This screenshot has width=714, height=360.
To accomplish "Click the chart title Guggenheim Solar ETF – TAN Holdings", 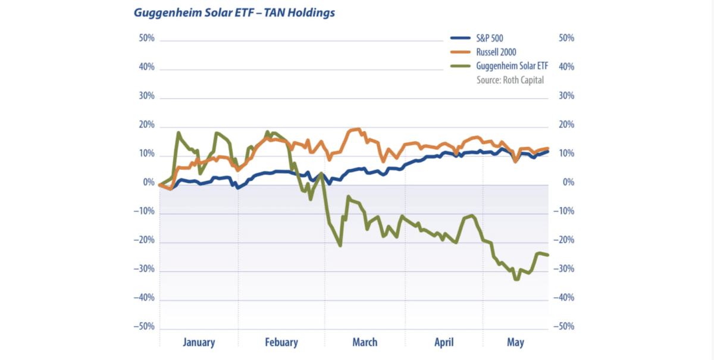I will [x=234, y=12].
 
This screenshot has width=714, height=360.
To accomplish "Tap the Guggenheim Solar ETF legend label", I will [x=510, y=66].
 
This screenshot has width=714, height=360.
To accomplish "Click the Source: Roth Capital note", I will [x=510, y=80].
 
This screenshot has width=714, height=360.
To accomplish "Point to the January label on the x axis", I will [x=199, y=342].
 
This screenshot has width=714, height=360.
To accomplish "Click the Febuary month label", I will [x=281, y=342].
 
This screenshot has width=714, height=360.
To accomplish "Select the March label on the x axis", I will [x=365, y=342].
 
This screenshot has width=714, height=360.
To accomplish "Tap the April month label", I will [x=444, y=342].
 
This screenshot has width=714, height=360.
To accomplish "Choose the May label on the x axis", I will [x=515, y=342].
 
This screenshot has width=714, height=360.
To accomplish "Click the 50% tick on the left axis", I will [x=146, y=39].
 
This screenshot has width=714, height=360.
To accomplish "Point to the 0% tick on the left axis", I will [x=148, y=183].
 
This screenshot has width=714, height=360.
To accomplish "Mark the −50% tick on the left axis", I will [x=144, y=327].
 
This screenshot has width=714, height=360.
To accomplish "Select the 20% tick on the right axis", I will [x=566, y=125].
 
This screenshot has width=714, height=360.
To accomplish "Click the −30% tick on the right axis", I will [x=564, y=269].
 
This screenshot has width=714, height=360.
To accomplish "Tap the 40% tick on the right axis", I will [x=566, y=67].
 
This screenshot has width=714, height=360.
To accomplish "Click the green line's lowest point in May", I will [x=516, y=279].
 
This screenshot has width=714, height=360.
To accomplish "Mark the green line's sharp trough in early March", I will [x=340, y=245].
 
